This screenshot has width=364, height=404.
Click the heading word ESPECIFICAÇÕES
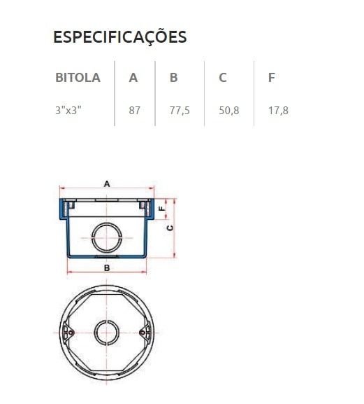click(x=119, y=37)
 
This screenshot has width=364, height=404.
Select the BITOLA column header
click(x=78, y=78)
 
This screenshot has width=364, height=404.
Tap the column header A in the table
click(x=133, y=78)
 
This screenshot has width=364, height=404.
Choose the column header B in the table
click(x=173, y=78)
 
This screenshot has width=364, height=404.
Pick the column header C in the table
click(x=222, y=78)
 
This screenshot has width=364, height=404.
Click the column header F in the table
click(x=271, y=78)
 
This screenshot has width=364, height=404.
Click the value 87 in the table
click(x=135, y=110)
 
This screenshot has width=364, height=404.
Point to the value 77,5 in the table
click(x=180, y=110)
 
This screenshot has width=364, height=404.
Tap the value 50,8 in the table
click(x=228, y=110)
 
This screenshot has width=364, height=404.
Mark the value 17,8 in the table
click(x=278, y=110)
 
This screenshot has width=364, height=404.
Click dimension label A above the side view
click(x=107, y=183)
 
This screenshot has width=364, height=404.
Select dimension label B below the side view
click(x=107, y=268)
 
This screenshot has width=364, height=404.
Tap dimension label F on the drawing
click(x=161, y=208)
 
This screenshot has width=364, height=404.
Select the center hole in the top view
click(x=107, y=332)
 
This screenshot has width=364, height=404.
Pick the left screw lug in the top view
click(x=68, y=332)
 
